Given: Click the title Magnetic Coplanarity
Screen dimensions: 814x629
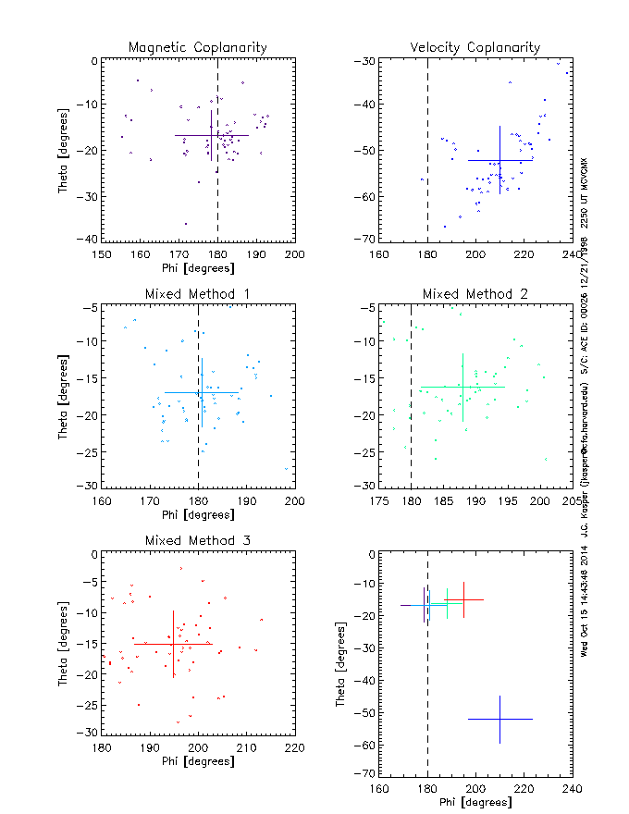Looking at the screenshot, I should point(198,47).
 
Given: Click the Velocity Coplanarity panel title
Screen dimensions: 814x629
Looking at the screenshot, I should point(475,47).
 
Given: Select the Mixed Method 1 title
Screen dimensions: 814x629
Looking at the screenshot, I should point(198,293).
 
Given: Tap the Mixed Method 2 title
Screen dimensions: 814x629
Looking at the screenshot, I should point(475,293).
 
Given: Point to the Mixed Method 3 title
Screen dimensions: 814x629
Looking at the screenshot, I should point(198,540).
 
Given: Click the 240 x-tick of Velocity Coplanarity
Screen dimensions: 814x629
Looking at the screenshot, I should point(572,254).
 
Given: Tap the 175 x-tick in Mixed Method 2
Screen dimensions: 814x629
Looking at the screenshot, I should point(378,500).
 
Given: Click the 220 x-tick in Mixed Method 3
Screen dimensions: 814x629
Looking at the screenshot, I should point(294,747).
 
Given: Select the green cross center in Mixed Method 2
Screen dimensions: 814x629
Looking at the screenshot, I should point(462,387).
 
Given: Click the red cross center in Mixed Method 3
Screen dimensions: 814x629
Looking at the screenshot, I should point(173,644).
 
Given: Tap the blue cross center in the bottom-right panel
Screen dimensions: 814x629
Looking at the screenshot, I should point(499,719).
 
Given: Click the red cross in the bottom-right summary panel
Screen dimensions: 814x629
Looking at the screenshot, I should point(463,599).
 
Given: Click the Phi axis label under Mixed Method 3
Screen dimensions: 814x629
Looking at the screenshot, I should point(198,761).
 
